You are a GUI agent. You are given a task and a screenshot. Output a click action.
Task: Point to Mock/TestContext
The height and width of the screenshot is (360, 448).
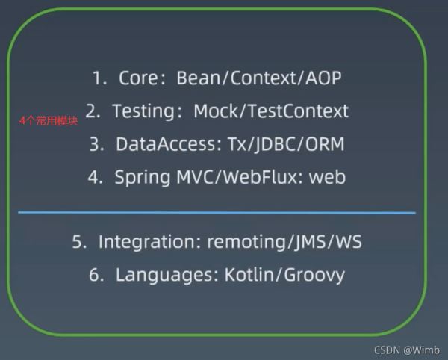click(271, 111)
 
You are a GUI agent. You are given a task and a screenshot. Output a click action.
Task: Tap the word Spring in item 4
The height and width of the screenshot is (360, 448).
click(140, 178)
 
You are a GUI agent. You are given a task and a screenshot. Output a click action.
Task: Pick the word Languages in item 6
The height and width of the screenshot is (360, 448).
click(164, 275)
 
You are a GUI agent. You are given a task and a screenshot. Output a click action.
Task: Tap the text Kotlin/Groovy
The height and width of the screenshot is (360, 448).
click(284, 275)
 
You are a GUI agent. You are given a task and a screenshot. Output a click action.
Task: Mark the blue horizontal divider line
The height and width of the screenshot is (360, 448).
click(216, 212)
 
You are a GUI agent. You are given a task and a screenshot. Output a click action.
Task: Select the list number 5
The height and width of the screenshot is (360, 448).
click(78, 241)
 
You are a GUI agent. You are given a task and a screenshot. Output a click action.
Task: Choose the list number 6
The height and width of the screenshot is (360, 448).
click(95, 275)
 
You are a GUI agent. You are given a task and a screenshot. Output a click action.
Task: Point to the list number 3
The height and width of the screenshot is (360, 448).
click(95, 145)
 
